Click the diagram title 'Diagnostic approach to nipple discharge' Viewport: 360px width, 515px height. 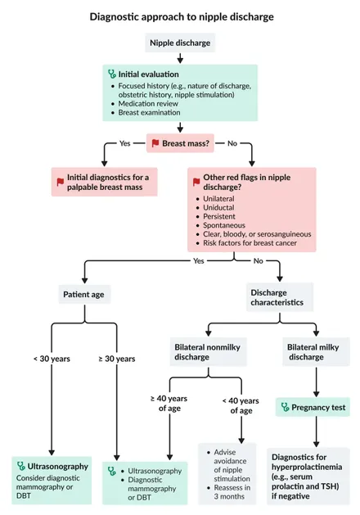click(x=182, y=16)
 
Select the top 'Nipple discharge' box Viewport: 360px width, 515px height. click(x=180, y=43)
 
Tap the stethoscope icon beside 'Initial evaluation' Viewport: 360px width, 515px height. click(x=112, y=74)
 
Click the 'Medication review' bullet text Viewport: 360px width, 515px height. click(x=148, y=103)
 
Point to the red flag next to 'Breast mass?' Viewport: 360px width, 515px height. click(x=155, y=143)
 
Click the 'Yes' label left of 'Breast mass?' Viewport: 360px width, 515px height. click(x=124, y=143)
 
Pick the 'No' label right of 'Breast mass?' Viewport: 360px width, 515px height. click(x=232, y=143)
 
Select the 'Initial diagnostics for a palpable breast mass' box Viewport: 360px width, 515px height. click(x=105, y=182)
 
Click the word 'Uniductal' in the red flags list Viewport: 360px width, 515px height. click(x=218, y=208)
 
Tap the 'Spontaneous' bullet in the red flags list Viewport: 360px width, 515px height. click(x=224, y=225)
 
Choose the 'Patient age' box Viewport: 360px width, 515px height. click(x=84, y=294)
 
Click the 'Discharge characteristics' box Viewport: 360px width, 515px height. click(x=280, y=297)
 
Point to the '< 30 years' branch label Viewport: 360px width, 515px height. click(x=52, y=359)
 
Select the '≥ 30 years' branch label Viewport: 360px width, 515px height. click(x=117, y=359)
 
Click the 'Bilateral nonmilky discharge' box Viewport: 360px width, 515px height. click(x=208, y=352)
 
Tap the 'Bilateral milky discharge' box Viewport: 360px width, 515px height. click(x=316, y=352)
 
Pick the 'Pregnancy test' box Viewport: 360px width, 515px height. click(x=313, y=407)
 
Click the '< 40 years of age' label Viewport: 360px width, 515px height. click(x=241, y=405)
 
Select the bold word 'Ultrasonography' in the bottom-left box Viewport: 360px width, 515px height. click(x=58, y=467)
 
